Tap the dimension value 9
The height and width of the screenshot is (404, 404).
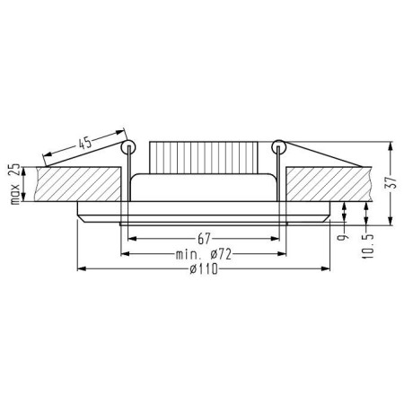pyautogui.click(x=342, y=241)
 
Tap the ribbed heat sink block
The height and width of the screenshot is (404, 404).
pyautogui.click(x=202, y=157)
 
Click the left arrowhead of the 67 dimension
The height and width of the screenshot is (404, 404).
pyautogui.click(x=132, y=240)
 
